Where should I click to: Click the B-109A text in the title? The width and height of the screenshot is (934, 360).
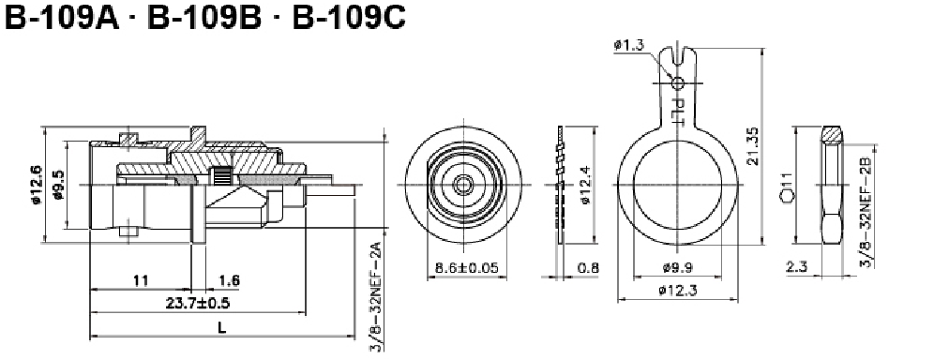(x=62, y=18)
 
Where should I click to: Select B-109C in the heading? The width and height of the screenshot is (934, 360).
(x=349, y=18)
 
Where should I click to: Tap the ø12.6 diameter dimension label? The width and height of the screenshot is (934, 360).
(x=37, y=185)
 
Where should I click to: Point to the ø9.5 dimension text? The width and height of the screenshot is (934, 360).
(x=58, y=185)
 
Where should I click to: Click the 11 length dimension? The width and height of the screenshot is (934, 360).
(x=142, y=280)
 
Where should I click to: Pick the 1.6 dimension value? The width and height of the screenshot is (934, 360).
(x=230, y=280)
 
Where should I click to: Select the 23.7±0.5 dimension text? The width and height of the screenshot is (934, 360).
(x=198, y=303)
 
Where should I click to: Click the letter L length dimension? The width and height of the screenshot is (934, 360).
(x=221, y=327)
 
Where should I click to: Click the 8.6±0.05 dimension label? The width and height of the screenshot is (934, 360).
(x=467, y=267)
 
